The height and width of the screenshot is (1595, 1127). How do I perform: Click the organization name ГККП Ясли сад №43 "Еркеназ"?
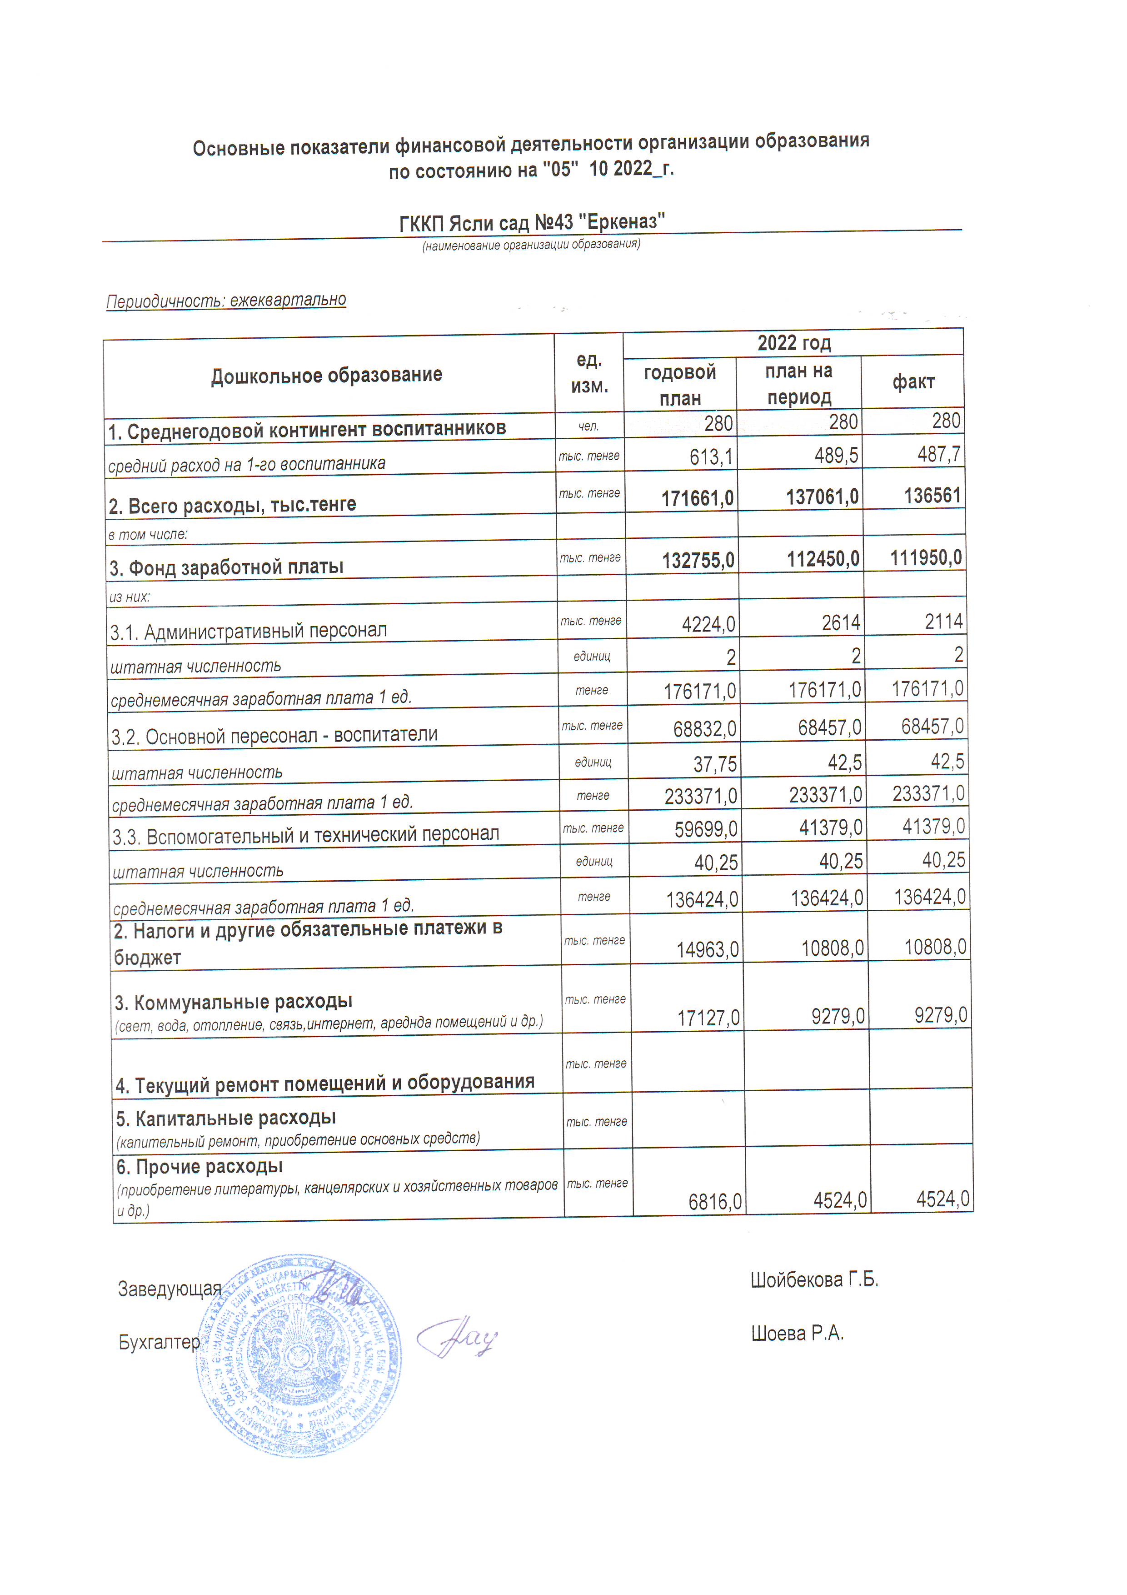tap(532, 222)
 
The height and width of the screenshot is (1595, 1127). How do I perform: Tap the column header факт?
tap(913, 381)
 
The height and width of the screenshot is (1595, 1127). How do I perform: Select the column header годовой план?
tap(680, 385)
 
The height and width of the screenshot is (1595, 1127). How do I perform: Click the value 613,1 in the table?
tap(710, 456)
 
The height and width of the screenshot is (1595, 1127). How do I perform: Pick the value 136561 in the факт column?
tap(932, 495)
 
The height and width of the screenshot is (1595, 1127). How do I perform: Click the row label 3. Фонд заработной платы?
tap(226, 567)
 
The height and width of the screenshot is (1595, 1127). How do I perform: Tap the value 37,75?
tap(714, 764)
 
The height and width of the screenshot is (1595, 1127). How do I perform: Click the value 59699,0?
tap(705, 829)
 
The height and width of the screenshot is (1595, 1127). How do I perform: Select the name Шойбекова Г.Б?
tap(814, 1279)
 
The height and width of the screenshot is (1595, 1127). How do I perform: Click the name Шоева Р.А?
tap(797, 1333)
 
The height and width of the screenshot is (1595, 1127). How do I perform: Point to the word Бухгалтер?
tap(159, 1342)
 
